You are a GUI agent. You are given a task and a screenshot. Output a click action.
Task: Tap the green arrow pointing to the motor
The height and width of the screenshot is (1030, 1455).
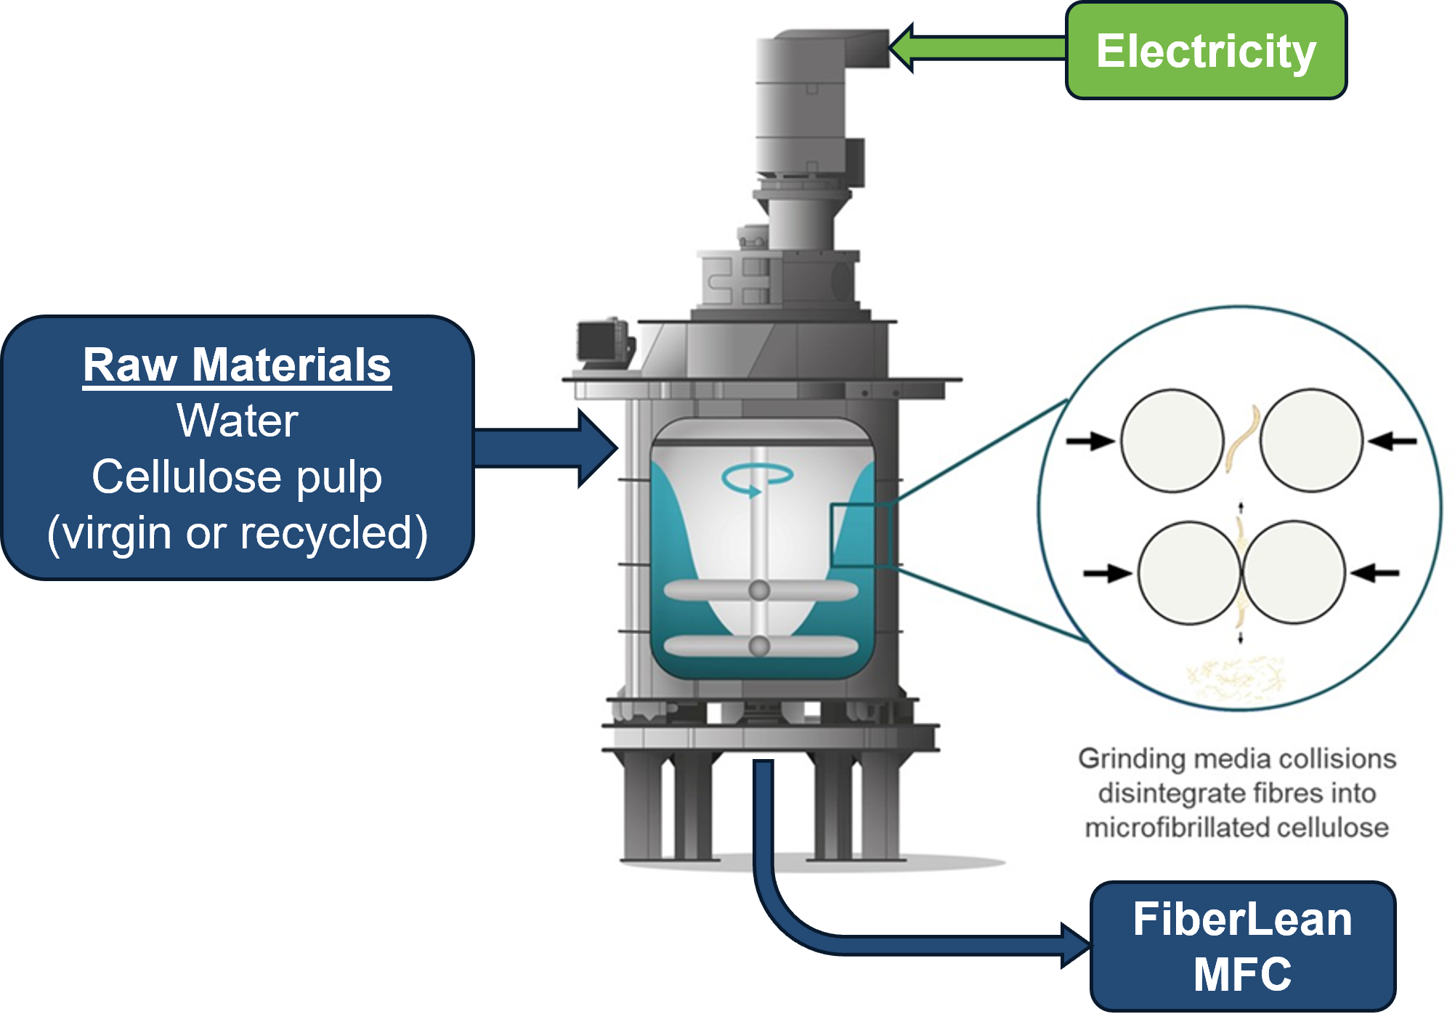click(973, 48)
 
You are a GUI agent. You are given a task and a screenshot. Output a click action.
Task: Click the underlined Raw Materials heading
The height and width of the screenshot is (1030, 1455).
click(237, 365)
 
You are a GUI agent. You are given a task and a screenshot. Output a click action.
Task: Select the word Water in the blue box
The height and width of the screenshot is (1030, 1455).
click(237, 421)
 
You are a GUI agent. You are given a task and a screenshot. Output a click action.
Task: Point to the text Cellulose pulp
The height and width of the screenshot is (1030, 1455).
click(237, 477)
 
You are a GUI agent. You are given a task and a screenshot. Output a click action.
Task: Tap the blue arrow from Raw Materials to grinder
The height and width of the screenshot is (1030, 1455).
click(545, 448)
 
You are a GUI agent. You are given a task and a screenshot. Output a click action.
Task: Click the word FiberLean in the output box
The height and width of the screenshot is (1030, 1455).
click(1242, 919)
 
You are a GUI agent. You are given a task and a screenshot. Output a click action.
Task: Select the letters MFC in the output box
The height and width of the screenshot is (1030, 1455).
click(1242, 974)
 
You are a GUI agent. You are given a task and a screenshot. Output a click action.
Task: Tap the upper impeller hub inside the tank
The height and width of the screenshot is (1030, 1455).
click(759, 590)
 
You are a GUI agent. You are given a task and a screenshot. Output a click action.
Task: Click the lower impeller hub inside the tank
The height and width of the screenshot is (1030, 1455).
click(759, 645)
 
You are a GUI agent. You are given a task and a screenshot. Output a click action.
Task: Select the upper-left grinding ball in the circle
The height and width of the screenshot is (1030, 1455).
click(1172, 441)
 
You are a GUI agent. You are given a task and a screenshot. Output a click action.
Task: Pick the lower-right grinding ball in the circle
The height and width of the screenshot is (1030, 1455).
click(1293, 572)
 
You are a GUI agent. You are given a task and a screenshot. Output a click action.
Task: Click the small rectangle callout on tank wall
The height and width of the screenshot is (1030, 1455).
click(860, 535)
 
